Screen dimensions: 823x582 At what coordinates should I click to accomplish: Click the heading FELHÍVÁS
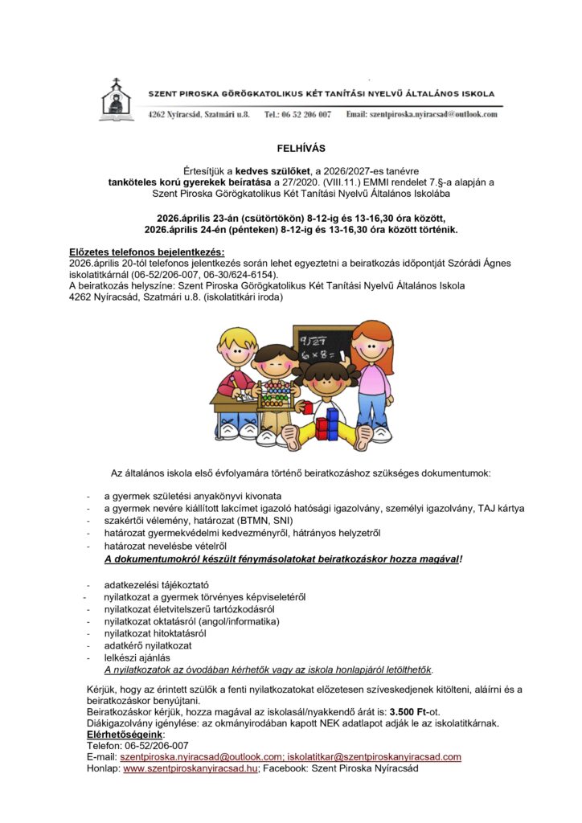coord(290,149)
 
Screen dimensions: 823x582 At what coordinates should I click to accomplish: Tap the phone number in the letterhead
coord(297,115)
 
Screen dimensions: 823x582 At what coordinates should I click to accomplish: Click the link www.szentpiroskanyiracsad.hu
coord(191,768)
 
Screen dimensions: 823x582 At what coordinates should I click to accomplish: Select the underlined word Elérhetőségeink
coord(125,735)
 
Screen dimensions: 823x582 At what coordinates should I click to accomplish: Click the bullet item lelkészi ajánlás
coord(137,657)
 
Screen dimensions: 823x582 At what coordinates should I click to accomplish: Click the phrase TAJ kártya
coord(501,508)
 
